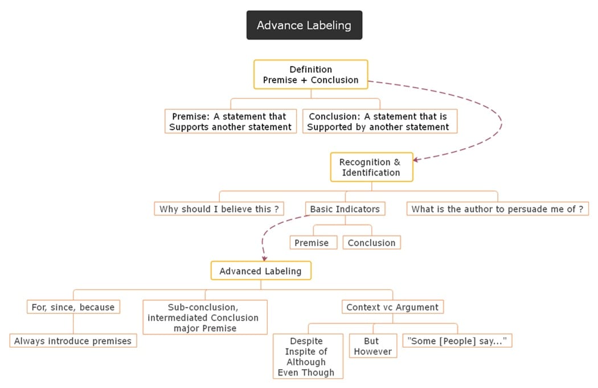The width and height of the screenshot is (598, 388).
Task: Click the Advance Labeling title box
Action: point(304,25)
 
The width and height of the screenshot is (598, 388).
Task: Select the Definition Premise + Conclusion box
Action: point(310,75)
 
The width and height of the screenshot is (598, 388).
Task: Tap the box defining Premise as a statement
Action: point(230,121)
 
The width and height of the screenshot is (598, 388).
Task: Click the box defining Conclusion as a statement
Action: point(379,121)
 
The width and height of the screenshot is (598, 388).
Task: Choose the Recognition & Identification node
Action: point(371,167)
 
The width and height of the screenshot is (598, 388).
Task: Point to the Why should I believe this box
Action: point(219,209)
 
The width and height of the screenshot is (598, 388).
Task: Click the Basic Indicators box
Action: point(345,209)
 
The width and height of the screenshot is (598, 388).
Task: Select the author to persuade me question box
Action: point(497,209)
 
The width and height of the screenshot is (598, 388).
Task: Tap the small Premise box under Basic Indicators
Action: point(311,243)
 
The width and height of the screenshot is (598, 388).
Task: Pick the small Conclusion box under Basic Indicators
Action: point(371,243)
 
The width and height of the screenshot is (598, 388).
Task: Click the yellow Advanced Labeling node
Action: point(260,271)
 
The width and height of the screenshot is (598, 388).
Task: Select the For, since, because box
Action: point(73,307)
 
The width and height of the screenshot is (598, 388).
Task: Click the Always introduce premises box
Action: point(73,341)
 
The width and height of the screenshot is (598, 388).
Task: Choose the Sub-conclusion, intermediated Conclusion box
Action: point(204,317)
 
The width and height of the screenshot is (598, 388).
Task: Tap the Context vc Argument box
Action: point(392,307)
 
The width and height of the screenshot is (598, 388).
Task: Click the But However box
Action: point(372,346)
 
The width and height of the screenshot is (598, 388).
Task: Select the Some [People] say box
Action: point(457,341)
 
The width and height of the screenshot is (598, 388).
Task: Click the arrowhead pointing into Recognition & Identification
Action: point(416,160)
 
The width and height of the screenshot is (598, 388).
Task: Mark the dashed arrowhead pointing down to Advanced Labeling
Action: point(264,257)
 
